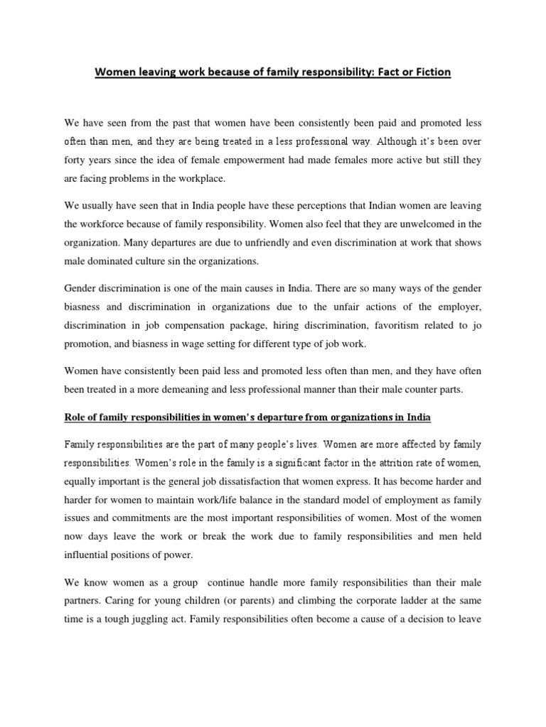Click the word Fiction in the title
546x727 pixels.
pos(432,72)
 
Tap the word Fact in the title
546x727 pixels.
pos(387,72)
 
